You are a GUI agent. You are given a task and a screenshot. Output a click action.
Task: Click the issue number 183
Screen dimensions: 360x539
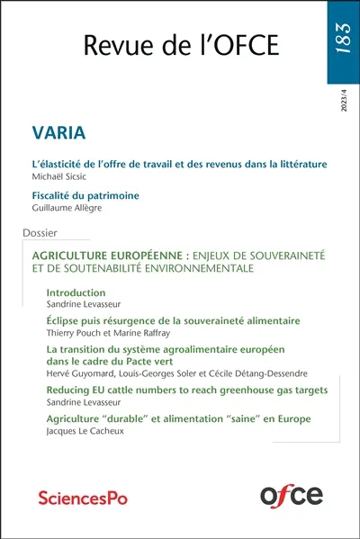pyautogui.click(x=344, y=40)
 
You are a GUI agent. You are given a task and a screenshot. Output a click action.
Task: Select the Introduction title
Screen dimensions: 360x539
pyautogui.click(x=76, y=292)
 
